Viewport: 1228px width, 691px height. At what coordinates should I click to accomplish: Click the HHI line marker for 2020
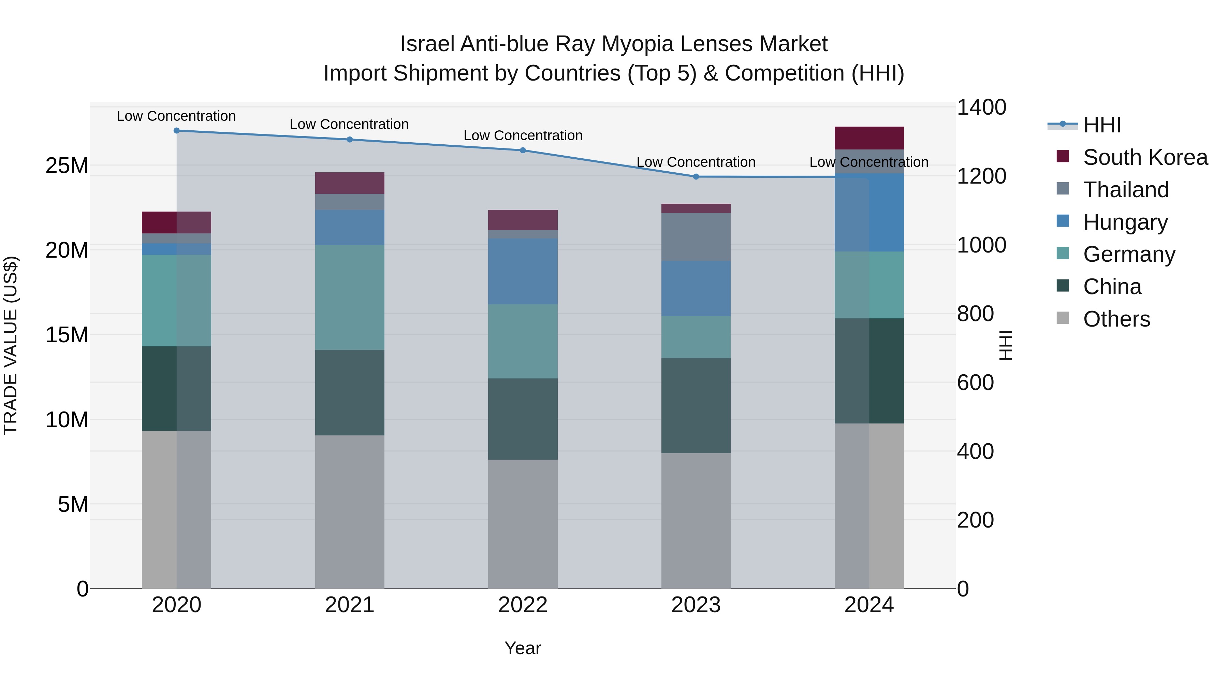[176, 131]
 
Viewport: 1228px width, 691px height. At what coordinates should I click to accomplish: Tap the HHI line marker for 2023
[696, 177]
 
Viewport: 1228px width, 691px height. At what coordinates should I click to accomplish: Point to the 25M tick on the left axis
[67, 166]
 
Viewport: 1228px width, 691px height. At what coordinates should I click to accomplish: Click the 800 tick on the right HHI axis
[975, 314]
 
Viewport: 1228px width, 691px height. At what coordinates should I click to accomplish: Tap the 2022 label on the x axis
[523, 605]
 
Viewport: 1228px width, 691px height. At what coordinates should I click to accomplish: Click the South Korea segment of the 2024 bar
[869, 138]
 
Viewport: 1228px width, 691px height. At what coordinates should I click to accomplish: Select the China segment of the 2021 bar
[349, 392]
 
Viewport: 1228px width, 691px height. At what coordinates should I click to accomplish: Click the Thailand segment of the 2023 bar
[696, 237]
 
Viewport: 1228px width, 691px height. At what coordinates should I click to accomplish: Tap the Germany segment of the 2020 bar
[176, 300]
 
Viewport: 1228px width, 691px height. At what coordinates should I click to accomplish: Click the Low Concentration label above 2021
[349, 125]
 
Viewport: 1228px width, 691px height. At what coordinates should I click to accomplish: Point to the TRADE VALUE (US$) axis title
[11, 345]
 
